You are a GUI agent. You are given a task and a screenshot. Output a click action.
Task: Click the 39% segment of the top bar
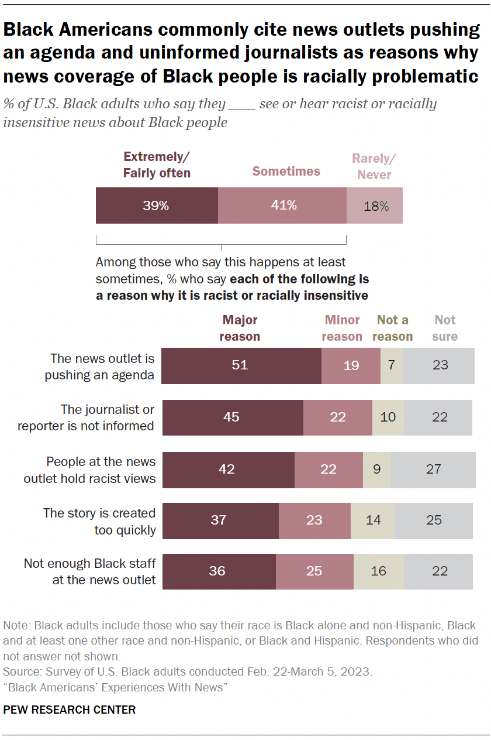pos(157,205)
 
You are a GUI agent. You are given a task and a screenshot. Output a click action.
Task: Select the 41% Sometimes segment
pos(282,205)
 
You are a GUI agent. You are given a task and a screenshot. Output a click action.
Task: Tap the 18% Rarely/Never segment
pos(374,205)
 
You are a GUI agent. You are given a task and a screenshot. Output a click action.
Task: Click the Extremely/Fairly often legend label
pos(157,165)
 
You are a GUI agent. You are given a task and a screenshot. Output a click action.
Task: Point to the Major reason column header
pos(240,328)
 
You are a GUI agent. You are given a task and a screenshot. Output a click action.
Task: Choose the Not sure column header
pos(445,328)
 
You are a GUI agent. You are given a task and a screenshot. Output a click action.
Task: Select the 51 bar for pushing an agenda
pos(241,365)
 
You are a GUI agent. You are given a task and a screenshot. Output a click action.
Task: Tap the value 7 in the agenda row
pos(392,365)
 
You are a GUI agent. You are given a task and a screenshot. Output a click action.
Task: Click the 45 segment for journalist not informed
pos(232,417)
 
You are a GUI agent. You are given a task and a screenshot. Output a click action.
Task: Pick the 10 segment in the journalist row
pos(388,417)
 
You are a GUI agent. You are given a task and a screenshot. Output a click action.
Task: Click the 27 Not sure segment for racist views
pos(433,469)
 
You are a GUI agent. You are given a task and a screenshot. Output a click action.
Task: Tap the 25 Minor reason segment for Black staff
pos(314,571)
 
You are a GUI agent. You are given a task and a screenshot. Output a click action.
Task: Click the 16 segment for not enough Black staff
pos(378,571)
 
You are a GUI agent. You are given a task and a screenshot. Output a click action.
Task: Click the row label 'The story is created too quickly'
pos(99,521)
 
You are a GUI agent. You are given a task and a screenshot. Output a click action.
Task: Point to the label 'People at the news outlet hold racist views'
pos(89,470)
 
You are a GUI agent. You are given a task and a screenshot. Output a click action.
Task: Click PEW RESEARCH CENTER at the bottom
pos(70,710)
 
